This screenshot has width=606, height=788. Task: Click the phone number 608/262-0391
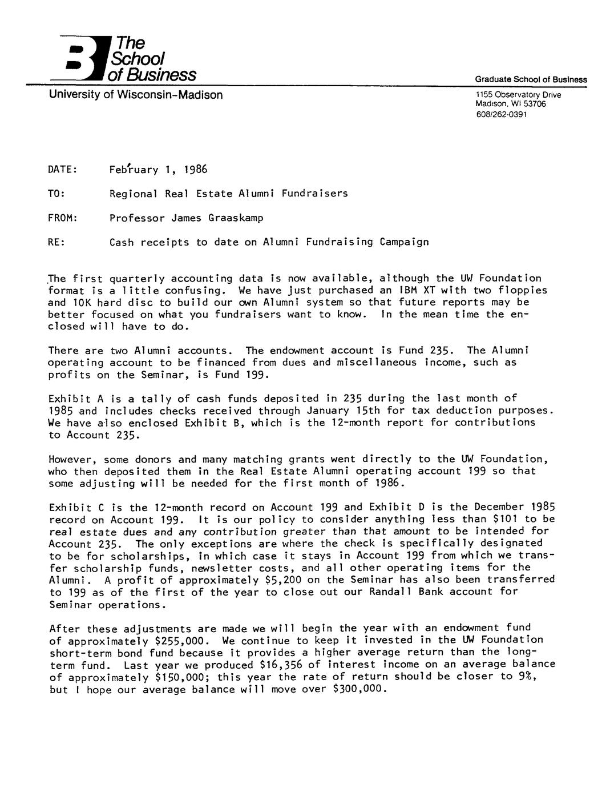click(x=502, y=114)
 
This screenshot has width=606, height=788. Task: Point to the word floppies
click(x=522, y=290)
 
